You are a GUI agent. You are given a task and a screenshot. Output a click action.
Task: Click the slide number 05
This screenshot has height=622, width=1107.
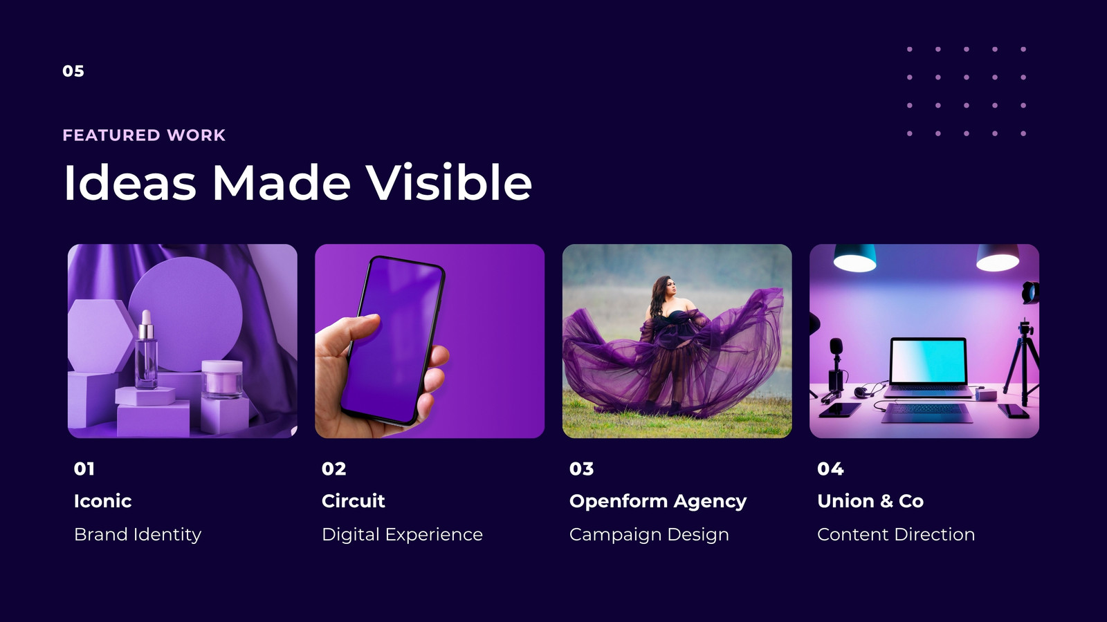(x=73, y=71)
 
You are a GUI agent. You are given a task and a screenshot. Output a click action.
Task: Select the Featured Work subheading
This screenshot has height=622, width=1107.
(x=144, y=135)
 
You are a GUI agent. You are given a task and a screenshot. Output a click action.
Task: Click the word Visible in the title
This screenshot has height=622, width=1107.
(x=449, y=182)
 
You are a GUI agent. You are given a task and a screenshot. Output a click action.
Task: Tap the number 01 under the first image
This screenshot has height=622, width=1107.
(x=84, y=469)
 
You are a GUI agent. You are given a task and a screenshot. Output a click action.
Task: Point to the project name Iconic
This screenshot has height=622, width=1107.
(x=103, y=501)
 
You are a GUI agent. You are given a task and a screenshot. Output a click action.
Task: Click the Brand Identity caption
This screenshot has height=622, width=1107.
(x=138, y=535)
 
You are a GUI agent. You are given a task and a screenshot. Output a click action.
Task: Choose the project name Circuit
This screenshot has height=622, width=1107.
(x=353, y=501)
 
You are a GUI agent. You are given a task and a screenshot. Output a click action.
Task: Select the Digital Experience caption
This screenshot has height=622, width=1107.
(x=402, y=535)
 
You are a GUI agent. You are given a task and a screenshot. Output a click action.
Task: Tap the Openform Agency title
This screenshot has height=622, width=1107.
(x=658, y=502)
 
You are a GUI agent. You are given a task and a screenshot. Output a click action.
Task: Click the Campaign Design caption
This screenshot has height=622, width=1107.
(x=649, y=535)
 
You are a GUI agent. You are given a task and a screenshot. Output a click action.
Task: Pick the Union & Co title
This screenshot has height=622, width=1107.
(x=870, y=501)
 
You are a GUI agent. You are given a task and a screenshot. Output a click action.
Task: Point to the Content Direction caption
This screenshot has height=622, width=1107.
(x=896, y=535)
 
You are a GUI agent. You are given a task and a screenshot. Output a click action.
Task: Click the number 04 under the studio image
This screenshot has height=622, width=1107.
(x=830, y=469)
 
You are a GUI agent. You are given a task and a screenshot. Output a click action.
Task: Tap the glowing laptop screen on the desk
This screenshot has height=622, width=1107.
(x=928, y=362)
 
